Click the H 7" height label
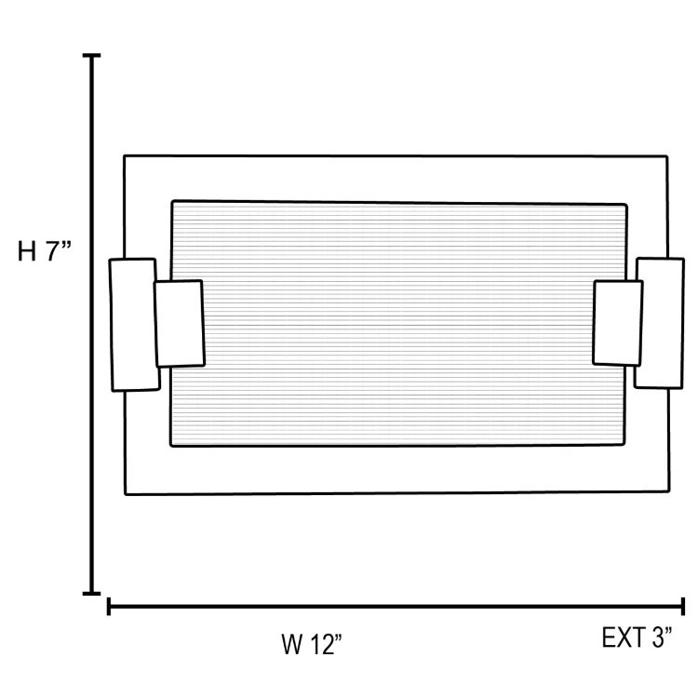pyautogui.click(x=45, y=252)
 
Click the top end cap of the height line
pyautogui.click(x=92, y=57)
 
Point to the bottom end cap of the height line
pyautogui.click(x=92, y=592)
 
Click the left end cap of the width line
pyautogui.click(x=110, y=608)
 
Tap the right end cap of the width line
pyautogui.click(x=683, y=608)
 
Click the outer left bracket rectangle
pyautogui.click(x=132, y=324)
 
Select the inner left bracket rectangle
pyautogui.click(x=179, y=323)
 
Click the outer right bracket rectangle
pyautogui.click(x=661, y=323)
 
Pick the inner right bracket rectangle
pyautogui.click(x=618, y=322)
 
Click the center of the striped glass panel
pyautogui.click(x=398, y=324)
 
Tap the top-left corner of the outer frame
pyautogui.click(x=125, y=155)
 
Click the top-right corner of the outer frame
pyautogui.click(x=666, y=157)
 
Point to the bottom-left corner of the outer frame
pyautogui.click(x=126, y=493)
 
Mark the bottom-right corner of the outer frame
pyautogui.click(x=667, y=490)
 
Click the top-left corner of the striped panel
pyautogui.click(x=172, y=200)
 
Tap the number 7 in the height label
pyautogui.click(x=53, y=252)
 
